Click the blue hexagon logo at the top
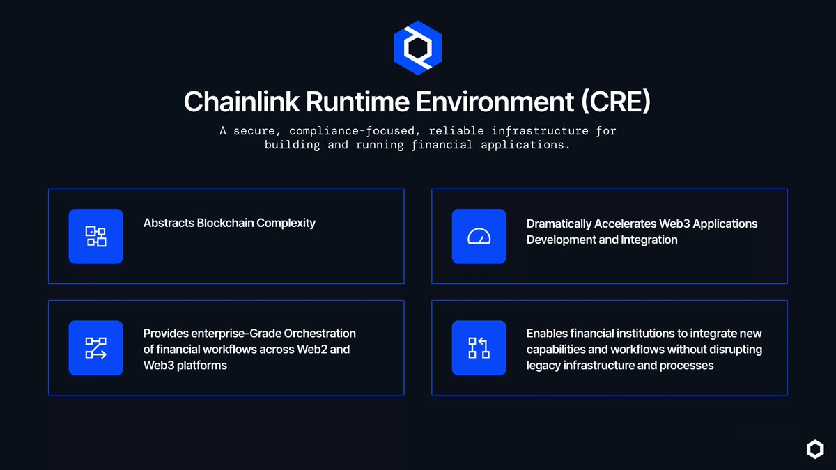(417, 49)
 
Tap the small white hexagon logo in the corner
(814, 449)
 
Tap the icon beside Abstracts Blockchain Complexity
(95, 236)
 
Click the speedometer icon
(479, 236)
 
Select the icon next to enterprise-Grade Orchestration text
(95, 347)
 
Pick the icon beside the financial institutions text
(479, 347)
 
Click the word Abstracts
(169, 223)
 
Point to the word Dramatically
(559, 224)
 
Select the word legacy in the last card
(544, 365)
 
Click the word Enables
(546, 334)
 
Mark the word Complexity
(286, 224)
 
